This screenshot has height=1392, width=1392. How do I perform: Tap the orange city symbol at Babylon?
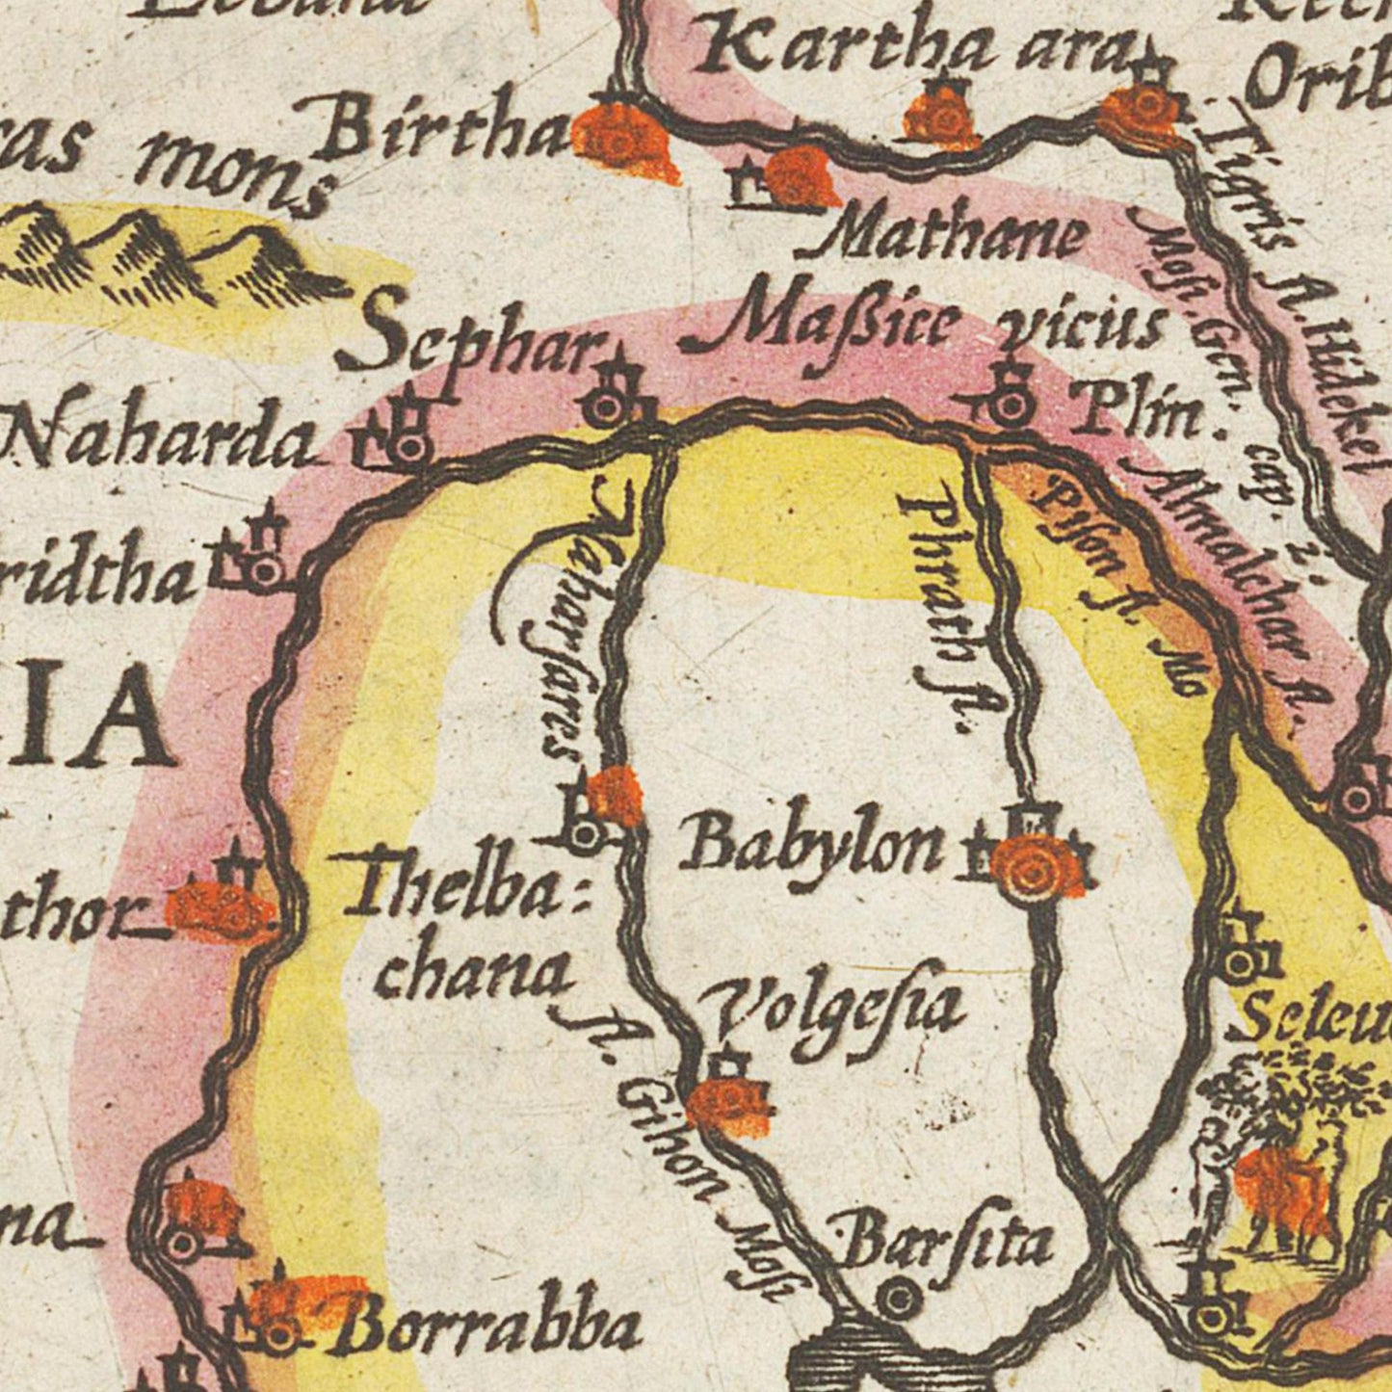click(1032, 867)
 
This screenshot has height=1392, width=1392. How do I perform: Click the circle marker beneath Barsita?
click(898, 1300)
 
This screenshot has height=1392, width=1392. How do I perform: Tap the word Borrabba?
click(491, 1327)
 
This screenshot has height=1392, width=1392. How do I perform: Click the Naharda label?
click(159, 439)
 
